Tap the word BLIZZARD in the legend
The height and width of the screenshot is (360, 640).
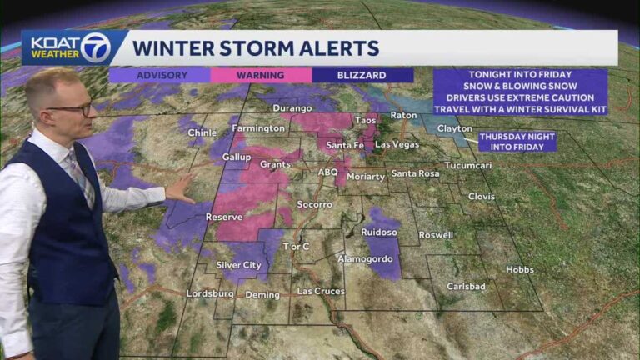[362, 75]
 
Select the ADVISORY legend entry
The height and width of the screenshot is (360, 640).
[159, 75]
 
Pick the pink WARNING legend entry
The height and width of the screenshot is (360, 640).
[260, 75]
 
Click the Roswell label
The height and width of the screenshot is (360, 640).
[436, 235]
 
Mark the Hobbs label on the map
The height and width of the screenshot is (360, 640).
[520, 269]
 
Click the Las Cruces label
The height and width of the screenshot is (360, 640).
[320, 291]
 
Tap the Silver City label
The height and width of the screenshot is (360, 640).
[239, 265]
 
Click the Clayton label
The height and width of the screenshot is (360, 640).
[453, 129]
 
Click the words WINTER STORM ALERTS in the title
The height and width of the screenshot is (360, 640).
[256, 47]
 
